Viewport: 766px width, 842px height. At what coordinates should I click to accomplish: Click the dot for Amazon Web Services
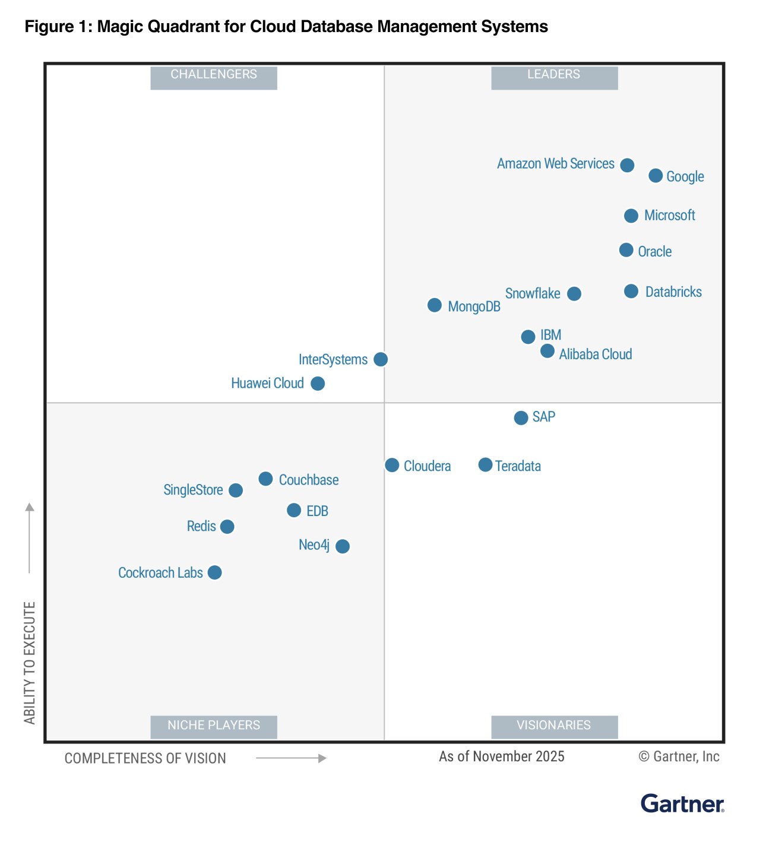pyautogui.click(x=627, y=165)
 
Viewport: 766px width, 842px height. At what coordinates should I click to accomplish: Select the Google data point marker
pyautogui.click(x=656, y=176)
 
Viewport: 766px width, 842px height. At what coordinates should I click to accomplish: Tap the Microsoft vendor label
pyautogui.click(x=669, y=216)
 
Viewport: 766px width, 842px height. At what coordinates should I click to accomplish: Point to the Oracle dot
pyautogui.click(x=626, y=250)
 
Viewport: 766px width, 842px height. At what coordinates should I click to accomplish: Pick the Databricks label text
pyautogui.click(x=673, y=292)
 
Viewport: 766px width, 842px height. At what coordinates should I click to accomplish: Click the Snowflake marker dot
pyautogui.click(x=574, y=294)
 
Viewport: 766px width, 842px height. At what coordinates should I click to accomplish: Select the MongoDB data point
pyautogui.click(x=435, y=305)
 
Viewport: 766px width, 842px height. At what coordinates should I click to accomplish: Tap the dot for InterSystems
pyautogui.click(x=381, y=359)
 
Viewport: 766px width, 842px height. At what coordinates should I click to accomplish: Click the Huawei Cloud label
pyautogui.click(x=267, y=384)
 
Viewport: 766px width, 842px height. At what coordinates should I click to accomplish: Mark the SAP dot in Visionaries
pyautogui.click(x=521, y=418)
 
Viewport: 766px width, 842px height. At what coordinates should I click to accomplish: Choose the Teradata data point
pyautogui.click(x=485, y=465)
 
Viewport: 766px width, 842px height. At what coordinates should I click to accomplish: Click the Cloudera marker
pyautogui.click(x=392, y=465)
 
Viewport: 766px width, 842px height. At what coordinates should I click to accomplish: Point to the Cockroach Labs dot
pyautogui.click(x=215, y=572)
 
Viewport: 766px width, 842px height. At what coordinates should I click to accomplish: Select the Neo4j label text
pyautogui.click(x=314, y=545)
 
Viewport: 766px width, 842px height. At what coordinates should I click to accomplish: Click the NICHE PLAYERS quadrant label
pyautogui.click(x=214, y=726)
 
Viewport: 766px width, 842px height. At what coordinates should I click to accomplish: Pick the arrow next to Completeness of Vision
pyautogui.click(x=291, y=758)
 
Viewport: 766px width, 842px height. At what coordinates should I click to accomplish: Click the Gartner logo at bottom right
pyautogui.click(x=682, y=804)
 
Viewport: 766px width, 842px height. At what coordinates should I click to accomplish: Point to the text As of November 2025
pyautogui.click(x=502, y=756)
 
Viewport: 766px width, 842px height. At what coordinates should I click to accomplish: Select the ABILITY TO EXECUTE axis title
pyautogui.click(x=30, y=663)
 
